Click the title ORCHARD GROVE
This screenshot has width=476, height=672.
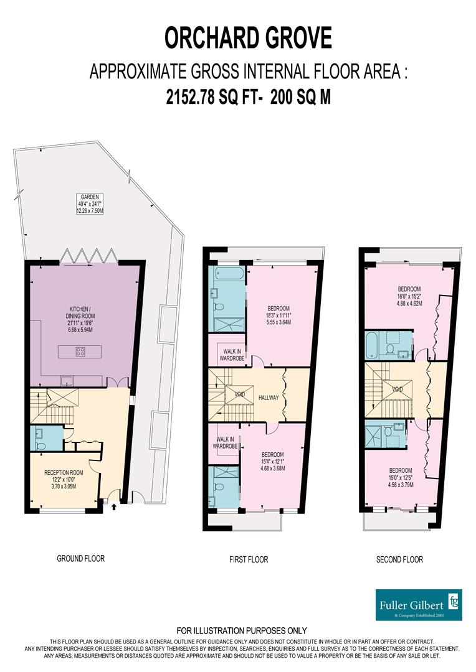coord(248,38)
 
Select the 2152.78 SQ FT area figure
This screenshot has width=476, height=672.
coord(199,98)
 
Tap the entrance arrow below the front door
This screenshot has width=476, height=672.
coord(113,507)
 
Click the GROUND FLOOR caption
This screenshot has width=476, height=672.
coord(80,559)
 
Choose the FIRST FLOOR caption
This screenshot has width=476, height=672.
coord(248,559)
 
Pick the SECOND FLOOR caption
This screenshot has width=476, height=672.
coord(399,559)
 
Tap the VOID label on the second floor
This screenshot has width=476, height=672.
coord(397,390)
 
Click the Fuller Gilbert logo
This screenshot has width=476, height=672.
coord(419,604)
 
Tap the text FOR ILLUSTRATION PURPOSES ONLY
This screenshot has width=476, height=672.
coord(242,630)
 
